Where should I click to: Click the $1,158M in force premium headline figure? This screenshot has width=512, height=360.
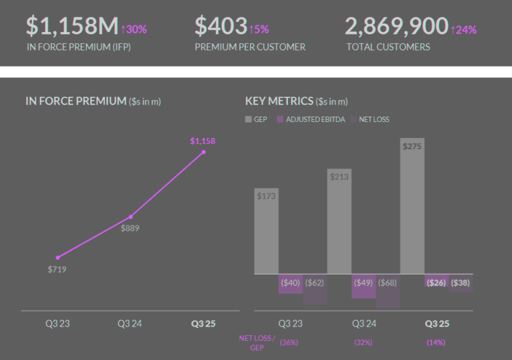pos(72,26)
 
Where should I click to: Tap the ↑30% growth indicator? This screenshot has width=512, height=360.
pos(134,29)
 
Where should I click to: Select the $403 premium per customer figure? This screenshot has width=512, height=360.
pos(220,26)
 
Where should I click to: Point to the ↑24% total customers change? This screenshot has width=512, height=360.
pos(463,29)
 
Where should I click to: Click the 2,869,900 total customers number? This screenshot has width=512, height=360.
pos(396,26)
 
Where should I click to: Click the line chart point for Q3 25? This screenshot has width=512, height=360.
pos(203,152)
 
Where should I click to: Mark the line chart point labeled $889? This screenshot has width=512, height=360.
pos(131,217)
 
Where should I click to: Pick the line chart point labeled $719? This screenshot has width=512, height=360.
pos(58,257)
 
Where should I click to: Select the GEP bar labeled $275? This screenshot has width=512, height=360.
pos(412,206)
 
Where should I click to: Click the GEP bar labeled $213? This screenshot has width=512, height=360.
pos(339,221)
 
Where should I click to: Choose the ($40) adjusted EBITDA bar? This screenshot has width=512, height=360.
pos(290,283)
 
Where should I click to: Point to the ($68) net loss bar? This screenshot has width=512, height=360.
pos(388,291)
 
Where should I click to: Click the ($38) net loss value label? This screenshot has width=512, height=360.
pos(460,283)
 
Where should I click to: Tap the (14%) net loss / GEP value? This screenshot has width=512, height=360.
pos(436,342)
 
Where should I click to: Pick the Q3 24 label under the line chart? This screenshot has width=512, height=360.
pos(131,323)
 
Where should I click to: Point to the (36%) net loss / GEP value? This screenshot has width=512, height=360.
pos(289,342)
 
